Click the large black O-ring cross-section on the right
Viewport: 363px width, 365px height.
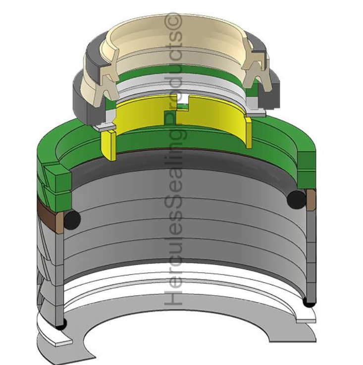(296, 199)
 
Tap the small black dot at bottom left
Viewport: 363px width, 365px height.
(61, 324)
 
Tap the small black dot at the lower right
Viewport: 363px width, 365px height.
(309, 303)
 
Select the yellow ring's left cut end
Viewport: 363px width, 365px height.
(109, 145)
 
